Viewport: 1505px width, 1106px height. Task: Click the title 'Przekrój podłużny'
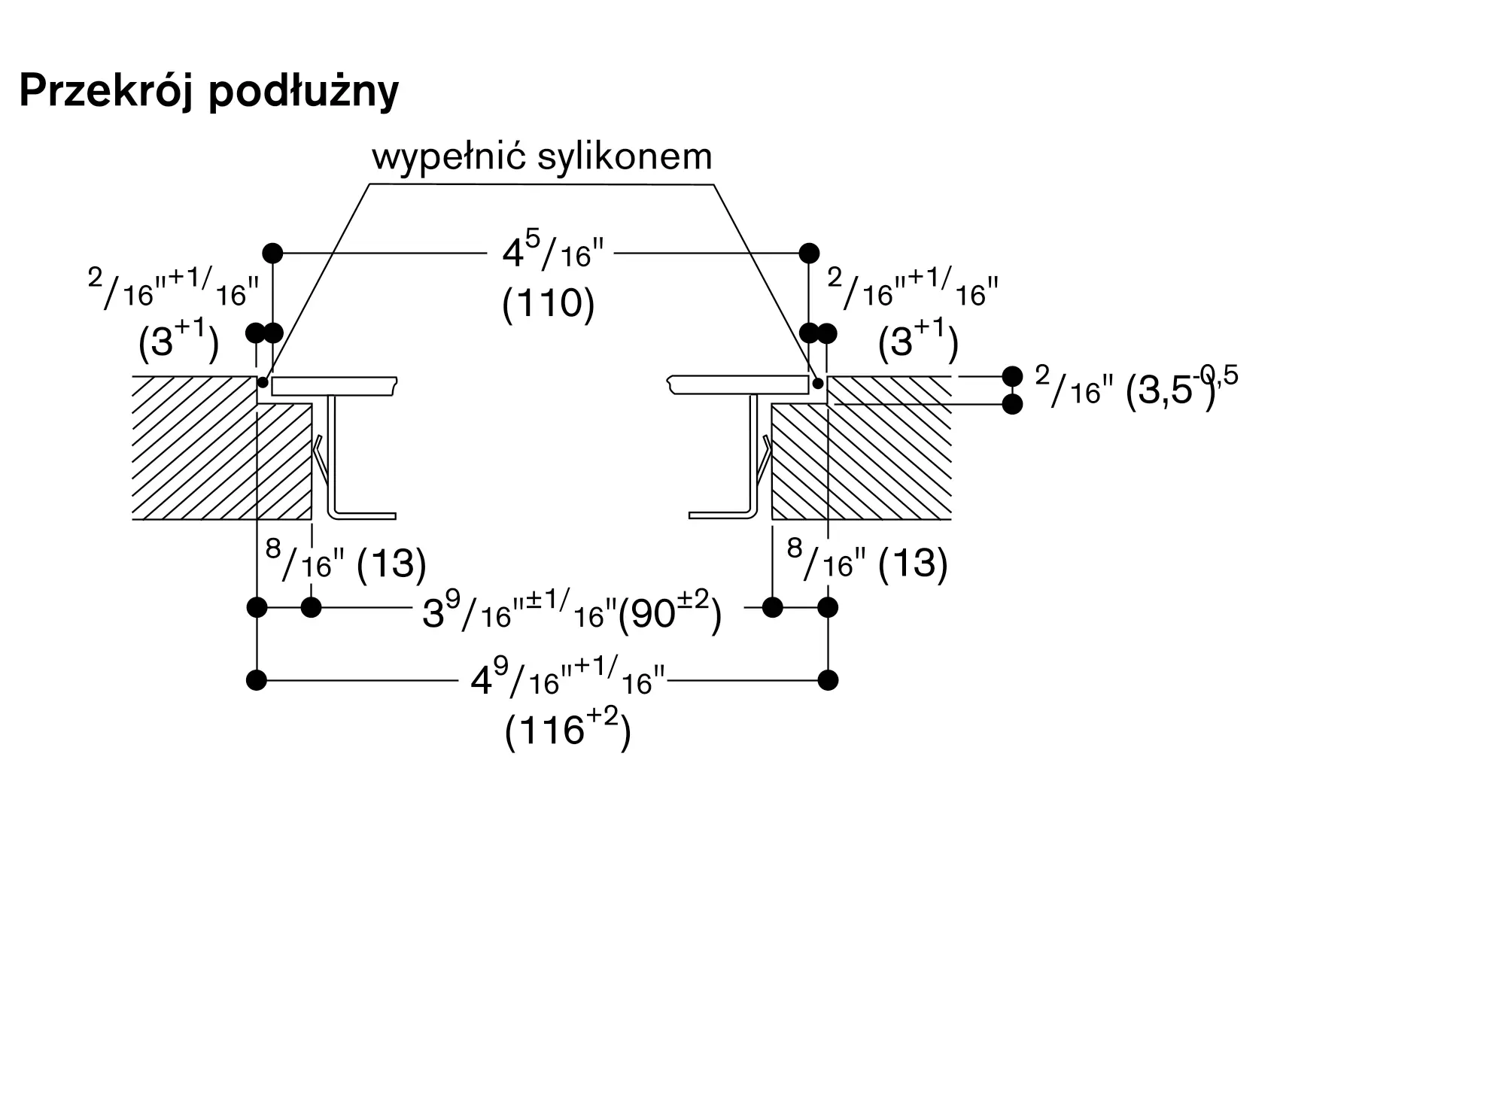(x=208, y=92)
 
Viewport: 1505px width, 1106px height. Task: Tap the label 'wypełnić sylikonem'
(x=542, y=156)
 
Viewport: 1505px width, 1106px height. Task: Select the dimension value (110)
(x=549, y=304)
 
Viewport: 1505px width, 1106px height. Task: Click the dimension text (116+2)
(x=568, y=728)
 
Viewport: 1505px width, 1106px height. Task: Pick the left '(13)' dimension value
(x=391, y=564)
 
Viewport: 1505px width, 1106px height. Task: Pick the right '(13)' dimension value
(x=913, y=564)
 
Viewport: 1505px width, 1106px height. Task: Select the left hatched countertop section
(x=222, y=448)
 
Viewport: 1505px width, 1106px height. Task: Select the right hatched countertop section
(x=862, y=448)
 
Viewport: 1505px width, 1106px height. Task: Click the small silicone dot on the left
(x=263, y=383)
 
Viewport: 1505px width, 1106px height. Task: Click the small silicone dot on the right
(x=818, y=383)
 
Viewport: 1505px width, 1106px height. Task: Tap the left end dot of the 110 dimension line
(x=272, y=253)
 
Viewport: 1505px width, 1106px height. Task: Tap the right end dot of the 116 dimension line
(x=828, y=680)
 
